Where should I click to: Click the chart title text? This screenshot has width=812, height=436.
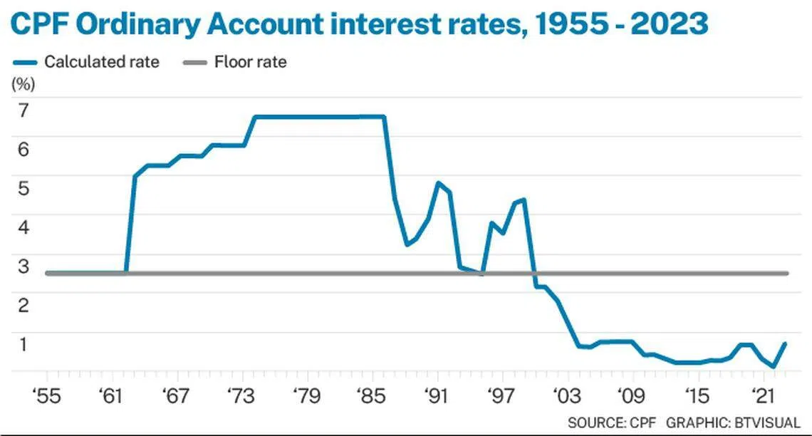[x=360, y=24]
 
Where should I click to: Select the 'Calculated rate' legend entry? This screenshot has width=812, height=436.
[x=102, y=62]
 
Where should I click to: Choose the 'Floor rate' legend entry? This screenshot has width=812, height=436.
[x=250, y=62]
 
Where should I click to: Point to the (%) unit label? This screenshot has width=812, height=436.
[x=23, y=83]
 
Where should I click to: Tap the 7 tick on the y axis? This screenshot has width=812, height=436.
[x=23, y=110]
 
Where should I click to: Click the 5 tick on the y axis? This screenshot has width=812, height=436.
[x=23, y=189]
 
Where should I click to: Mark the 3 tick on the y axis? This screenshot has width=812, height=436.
[x=23, y=266]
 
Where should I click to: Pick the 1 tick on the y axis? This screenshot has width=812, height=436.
[x=23, y=344]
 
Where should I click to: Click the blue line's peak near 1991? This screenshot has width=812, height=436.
[x=437, y=183]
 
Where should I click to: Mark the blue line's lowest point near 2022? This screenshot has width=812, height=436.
[x=774, y=367]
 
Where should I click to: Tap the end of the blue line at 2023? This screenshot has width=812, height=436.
[x=785, y=343]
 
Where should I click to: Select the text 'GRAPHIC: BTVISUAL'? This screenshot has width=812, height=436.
[x=733, y=422]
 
